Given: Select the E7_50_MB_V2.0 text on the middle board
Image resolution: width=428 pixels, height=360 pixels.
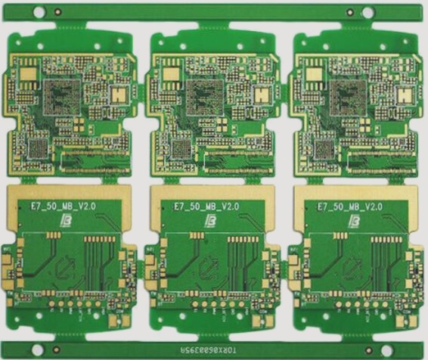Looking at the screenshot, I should pos(206,206).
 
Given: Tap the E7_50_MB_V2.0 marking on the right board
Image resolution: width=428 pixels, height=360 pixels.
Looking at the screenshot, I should pos(349,206).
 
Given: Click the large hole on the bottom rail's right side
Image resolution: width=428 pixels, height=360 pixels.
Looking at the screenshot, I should pos(392,349).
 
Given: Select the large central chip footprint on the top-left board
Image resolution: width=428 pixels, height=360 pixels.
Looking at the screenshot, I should pos(59,97).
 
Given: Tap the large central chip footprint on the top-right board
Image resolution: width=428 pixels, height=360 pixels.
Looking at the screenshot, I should pos(346,97).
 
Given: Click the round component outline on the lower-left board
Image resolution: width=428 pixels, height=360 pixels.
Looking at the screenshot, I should pos(64,266).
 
